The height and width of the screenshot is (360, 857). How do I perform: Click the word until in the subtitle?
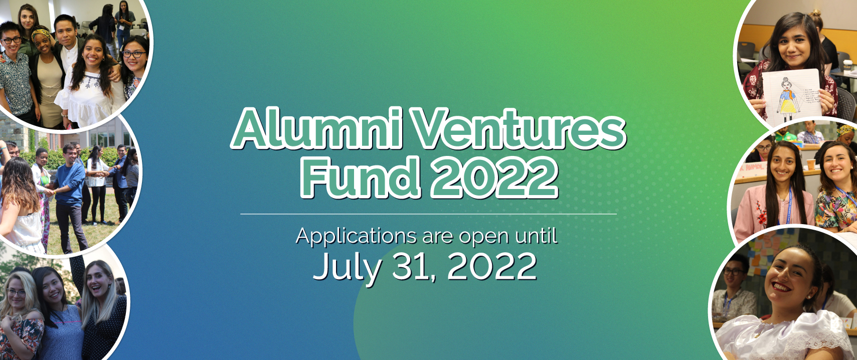537,235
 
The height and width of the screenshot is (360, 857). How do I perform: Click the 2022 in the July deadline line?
491,267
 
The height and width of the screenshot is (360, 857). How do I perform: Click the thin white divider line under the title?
428,214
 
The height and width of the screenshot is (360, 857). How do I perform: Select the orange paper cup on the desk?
810,164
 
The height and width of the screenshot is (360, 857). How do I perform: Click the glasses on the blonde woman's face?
15,292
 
